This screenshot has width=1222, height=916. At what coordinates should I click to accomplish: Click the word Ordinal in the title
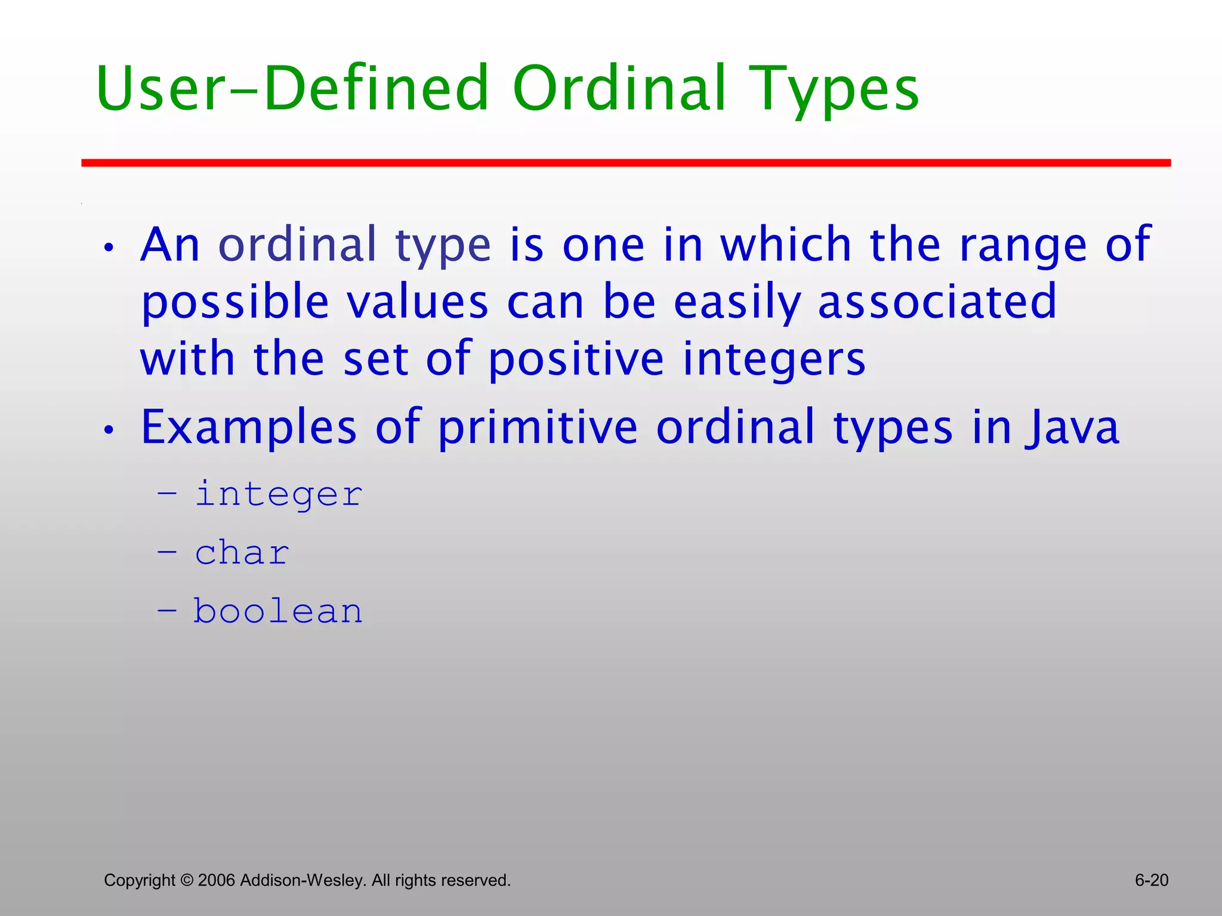(619, 89)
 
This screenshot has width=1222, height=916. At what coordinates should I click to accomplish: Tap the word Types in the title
(834, 89)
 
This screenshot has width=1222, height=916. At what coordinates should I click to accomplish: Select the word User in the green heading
(160, 89)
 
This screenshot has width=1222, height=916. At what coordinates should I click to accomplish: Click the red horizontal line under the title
(626, 163)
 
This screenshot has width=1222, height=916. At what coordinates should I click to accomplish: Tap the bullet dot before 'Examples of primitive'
(108, 429)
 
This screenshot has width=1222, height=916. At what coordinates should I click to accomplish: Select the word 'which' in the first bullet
(785, 245)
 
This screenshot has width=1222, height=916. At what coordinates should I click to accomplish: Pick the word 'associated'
(937, 302)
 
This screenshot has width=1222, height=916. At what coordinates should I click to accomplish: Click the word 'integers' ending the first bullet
(774, 360)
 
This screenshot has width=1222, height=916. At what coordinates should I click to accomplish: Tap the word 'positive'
(576, 360)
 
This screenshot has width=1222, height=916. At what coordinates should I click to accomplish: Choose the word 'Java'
(1072, 428)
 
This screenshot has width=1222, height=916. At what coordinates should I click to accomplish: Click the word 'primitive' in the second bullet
(538, 428)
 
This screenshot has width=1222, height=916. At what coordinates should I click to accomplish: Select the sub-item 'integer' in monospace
(279, 494)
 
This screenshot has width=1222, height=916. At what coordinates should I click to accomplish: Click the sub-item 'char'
(242, 553)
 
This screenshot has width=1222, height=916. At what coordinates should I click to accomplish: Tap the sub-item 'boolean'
(278, 611)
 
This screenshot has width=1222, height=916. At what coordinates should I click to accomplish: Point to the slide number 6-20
(1151, 880)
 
